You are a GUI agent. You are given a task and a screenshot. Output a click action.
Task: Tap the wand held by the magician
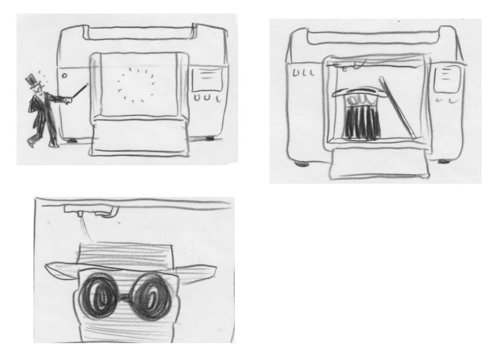coord(78,93)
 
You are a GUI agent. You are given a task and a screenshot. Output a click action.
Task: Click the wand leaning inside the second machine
coord(396,109)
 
